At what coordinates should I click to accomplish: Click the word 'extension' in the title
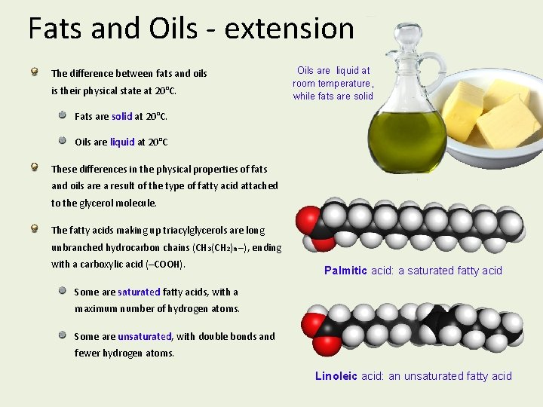pos(290,29)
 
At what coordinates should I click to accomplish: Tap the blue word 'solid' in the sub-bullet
pos(121,117)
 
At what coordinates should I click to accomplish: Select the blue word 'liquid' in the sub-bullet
pos(122,142)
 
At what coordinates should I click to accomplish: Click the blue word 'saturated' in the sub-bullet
pos(139,292)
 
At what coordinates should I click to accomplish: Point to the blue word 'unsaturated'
pos(144,336)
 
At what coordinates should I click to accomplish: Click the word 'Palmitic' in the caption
pos(345,271)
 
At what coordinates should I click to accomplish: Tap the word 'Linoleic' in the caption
pos(336,376)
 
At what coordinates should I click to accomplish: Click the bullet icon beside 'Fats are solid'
pos(63,115)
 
